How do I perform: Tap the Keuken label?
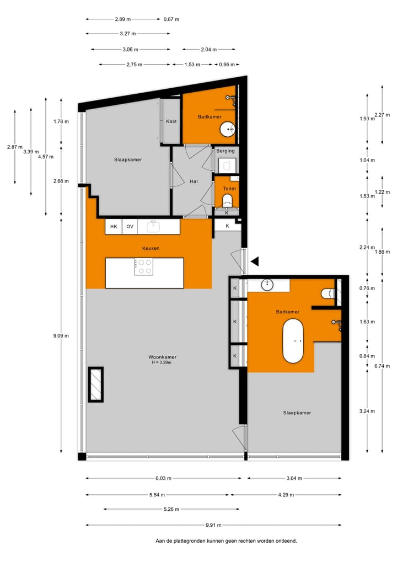[x=151, y=248]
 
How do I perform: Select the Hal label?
[x=194, y=181]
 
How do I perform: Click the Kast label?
[x=171, y=121]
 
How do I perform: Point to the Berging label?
[x=225, y=151]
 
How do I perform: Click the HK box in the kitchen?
[x=114, y=226]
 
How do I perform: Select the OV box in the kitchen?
[x=130, y=226]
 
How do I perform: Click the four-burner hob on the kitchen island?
[x=143, y=267]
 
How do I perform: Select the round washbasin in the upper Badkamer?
[x=227, y=130]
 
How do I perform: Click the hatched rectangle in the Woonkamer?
[x=95, y=384]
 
